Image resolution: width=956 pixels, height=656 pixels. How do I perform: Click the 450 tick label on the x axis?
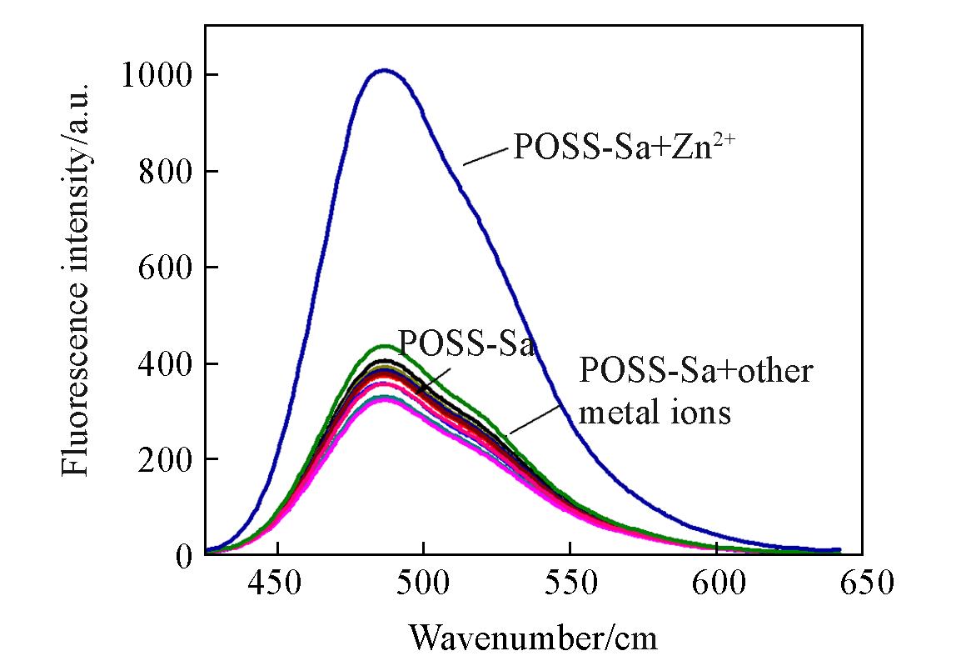tap(276, 583)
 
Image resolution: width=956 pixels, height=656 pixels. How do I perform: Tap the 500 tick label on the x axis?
tap(423, 583)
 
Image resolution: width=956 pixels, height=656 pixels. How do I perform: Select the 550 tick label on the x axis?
tap(570, 583)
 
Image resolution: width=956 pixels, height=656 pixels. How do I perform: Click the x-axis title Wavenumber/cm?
tap(533, 638)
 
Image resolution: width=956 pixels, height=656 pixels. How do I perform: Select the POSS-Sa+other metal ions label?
tap(695, 391)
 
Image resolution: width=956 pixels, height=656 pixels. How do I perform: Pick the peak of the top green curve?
tap(384, 345)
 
